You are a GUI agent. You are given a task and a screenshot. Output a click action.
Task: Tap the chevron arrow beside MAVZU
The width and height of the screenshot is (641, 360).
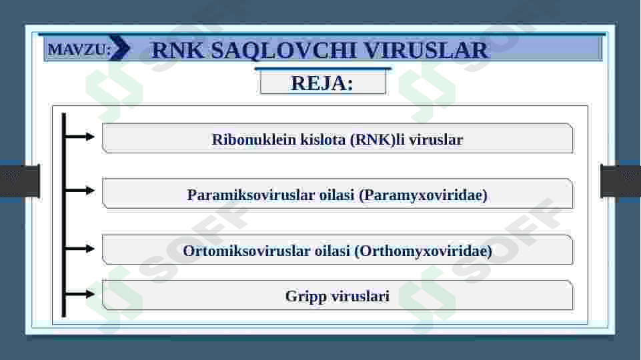click(121, 49)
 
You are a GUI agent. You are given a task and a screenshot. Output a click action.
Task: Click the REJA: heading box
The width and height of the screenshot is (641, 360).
click(323, 83)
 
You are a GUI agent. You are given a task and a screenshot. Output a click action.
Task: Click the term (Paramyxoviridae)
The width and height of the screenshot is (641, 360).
click(423, 195)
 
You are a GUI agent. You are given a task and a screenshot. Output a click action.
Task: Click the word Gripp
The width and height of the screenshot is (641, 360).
click(303, 296)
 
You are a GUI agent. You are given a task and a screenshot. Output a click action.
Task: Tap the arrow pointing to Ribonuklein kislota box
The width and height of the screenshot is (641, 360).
click(81, 137)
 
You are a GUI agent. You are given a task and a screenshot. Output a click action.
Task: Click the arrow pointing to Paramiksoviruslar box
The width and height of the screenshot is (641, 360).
click(81, 191)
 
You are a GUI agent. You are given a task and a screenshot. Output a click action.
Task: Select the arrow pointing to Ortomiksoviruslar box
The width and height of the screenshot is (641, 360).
click(81, 248)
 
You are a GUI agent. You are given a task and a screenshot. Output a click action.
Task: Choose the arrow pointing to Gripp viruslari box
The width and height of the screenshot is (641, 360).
click(81, 293)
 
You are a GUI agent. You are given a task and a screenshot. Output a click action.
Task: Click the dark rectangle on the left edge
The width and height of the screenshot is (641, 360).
click(19, 181)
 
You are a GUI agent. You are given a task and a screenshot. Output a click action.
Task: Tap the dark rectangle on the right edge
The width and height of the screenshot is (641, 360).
click(620, 181)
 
